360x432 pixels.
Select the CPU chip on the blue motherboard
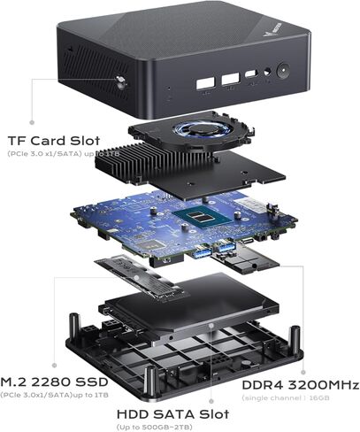(x=203, y=220)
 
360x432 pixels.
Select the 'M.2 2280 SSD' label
(x=55, y=370)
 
